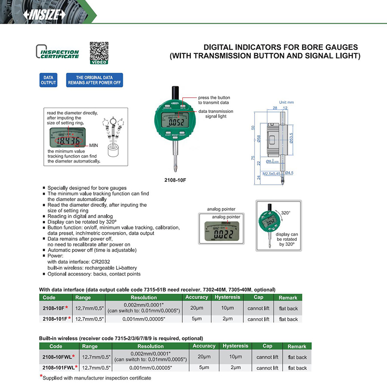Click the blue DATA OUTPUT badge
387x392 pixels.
(48, 80)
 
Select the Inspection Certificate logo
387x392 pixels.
(58, 52)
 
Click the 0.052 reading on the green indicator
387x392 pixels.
(177, 122)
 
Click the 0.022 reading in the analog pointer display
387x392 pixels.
(225, 234)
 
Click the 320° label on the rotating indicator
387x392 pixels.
(286, 213)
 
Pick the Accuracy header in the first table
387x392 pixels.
(197, 297)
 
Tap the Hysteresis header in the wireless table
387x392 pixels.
(235, 346)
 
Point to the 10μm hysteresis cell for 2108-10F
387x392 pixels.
(227, 308)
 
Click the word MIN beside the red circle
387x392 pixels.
(94, 146)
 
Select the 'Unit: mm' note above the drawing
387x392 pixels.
(286, 103)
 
